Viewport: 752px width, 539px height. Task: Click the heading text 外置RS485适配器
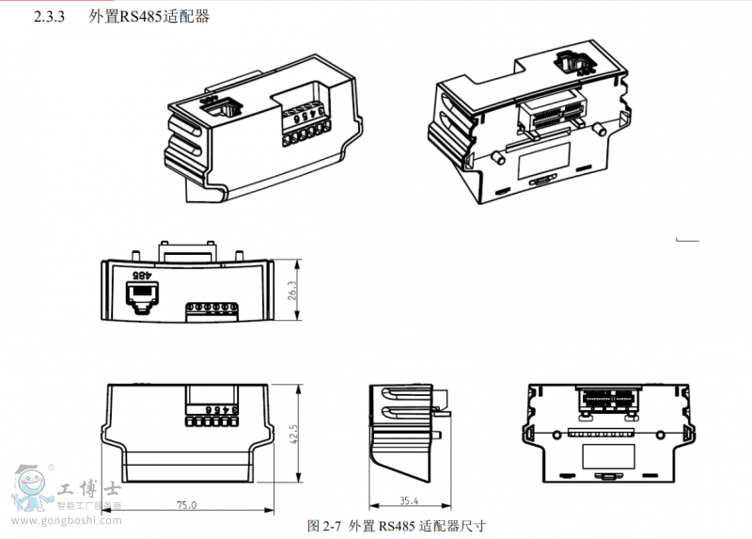(x=149, y=17)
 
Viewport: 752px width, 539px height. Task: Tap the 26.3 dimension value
(x=292, y=291)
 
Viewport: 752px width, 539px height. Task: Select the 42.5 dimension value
(x=292, y=434)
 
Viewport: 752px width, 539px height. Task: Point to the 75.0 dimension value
(x=187, y=505)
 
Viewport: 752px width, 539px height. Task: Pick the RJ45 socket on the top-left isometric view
(x=218, y=104)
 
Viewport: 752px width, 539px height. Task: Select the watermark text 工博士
(x=86, y=490)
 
